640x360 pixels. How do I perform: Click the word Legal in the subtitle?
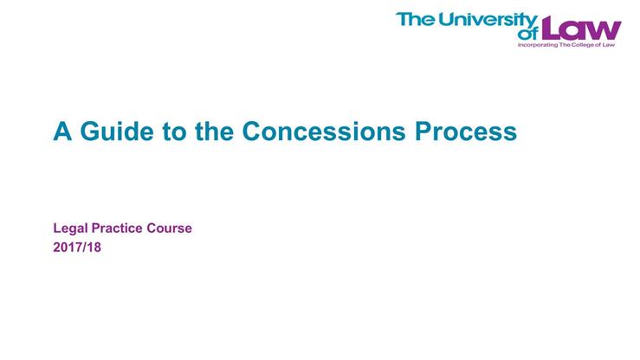pyautogui.click(x=71, y=228)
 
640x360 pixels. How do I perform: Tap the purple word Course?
pyautogui.click(x=171, y=228)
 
